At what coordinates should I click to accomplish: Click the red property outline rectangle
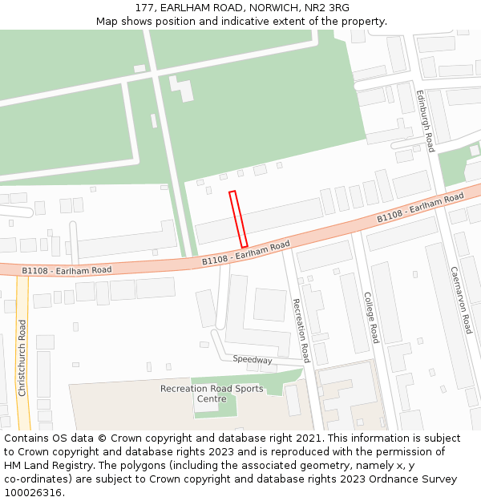(238, 219)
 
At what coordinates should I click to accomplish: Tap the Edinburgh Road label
(424, 120)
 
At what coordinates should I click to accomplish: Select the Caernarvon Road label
(460, 300)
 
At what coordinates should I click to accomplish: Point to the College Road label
(370, 317)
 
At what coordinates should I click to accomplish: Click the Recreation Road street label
(300, 329)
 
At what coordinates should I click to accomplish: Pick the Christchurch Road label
(22, 358)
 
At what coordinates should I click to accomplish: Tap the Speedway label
(253, 360)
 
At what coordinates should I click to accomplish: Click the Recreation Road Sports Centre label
(211, 393)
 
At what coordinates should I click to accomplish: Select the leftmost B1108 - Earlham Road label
(67, 270)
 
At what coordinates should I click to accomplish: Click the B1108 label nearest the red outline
(245, 254)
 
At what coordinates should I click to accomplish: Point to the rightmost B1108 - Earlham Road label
(420, 208)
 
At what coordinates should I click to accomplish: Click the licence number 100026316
(34, 493)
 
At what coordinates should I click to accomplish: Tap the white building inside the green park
(182, 87)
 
